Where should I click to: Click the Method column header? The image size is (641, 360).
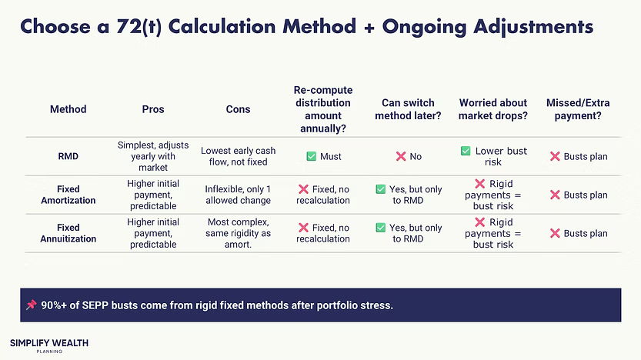(x=68, y=109)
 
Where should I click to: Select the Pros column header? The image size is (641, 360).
(x=153, y=109)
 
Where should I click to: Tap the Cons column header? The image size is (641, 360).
(x=238, y=109)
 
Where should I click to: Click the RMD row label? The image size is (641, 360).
(x=68, y=156)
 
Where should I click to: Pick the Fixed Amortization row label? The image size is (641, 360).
(x=68, y=195)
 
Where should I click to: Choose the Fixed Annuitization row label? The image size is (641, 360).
(x=68, y=233)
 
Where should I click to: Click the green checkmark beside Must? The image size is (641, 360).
(x=311, y=156)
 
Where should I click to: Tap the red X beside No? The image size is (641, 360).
(x=400, y=156)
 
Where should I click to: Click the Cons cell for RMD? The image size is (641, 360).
(x=238, y=156)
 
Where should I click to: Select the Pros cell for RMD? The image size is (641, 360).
(x=153, y=156)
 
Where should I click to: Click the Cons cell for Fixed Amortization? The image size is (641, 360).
(x=238, y=195)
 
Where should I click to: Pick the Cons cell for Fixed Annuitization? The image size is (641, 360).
(x=238, y=233)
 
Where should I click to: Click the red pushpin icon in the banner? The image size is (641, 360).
(x=31, y=305)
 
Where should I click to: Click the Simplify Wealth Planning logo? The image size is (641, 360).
(x=49, y=345)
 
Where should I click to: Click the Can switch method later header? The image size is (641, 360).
(x=408, y=109)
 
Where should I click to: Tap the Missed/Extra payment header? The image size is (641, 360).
(x=574, y=109)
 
